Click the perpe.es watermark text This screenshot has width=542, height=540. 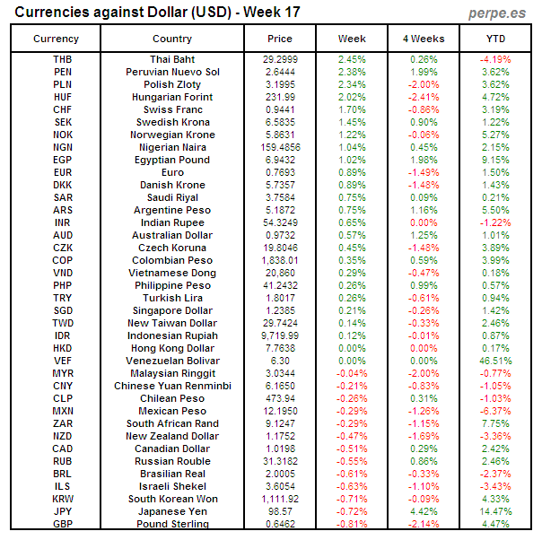(495, 13)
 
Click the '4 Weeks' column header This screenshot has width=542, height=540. (424, 39)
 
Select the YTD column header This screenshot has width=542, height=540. (495, 39)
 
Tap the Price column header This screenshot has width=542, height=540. (280, 39)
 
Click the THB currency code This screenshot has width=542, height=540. (63, 58)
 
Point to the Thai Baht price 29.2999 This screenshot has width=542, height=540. (280, 58)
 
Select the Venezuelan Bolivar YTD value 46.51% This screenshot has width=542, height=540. (495, 361)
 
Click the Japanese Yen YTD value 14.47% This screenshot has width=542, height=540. (495, 511)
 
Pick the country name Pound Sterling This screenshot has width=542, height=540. (171, 524)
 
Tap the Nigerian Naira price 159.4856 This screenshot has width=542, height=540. (280, 147)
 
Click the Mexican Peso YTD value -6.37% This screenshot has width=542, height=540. (495, 411)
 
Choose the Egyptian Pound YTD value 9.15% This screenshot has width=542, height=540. (495, 160)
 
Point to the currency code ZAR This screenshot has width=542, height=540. (63, 423)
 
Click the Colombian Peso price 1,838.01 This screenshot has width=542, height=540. (280, 260)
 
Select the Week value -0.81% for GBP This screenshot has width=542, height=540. (352, 524)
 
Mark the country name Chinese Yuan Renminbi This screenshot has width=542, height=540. (171, 386)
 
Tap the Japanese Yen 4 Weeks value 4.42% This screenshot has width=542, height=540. (424, 511)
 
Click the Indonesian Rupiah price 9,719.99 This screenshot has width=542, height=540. (280, 335)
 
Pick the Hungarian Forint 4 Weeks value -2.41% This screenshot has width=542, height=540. (424, 96)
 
